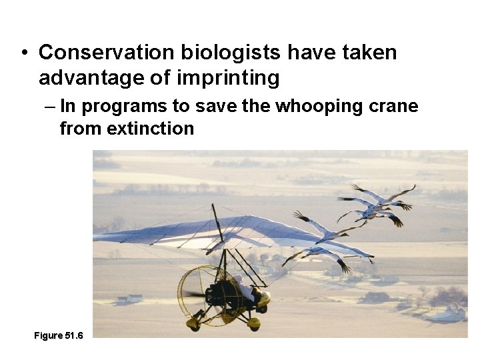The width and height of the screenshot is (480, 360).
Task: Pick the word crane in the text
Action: point(393,106)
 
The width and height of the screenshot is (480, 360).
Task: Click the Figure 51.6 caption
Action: point(59,335)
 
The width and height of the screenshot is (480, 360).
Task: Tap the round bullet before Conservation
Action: point(23,53)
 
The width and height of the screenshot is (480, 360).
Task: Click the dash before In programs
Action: point(50,106)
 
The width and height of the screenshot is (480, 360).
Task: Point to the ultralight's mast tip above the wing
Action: point(214,206)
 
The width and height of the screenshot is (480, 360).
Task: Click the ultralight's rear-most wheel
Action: point(194,324)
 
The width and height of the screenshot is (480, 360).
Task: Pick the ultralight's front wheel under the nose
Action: point(254,323)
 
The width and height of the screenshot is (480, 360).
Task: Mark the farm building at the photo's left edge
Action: point(127,299)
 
